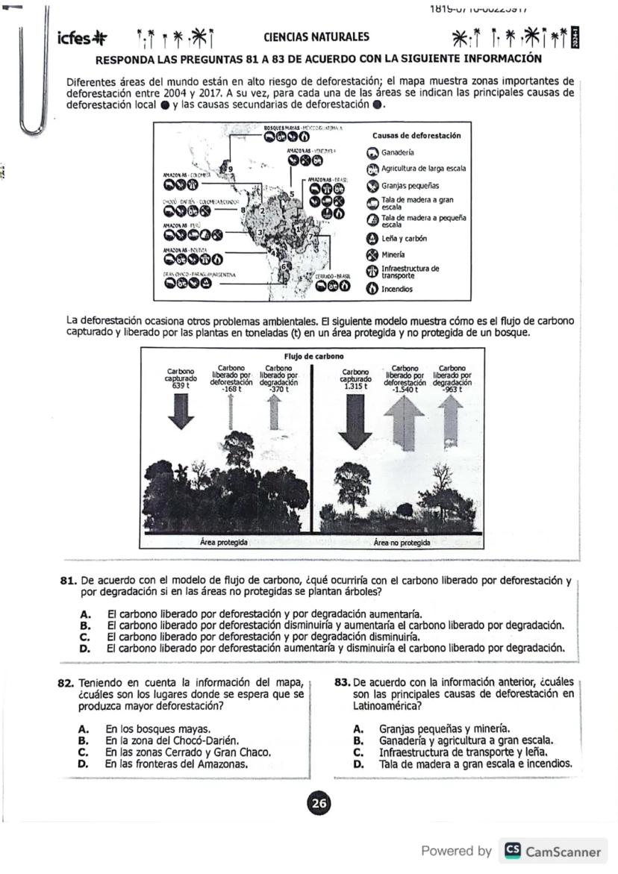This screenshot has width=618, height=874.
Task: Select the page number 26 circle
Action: coord(319,803)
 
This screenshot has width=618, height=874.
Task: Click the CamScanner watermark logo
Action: coord(514,851)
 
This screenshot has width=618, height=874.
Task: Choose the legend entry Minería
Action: coord(393,255)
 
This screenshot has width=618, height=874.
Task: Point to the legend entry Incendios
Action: coord(396,289)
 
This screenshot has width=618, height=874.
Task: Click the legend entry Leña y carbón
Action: coord(404,238)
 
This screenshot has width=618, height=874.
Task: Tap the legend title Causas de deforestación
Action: coord(416,135)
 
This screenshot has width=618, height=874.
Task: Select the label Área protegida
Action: coord(224,543)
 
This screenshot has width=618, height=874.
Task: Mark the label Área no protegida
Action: coord(402,543)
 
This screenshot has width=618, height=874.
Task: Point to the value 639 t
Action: coord(181,386)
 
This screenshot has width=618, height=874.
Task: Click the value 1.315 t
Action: coord(355,386)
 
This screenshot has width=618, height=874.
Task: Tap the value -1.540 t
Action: coord(405,389)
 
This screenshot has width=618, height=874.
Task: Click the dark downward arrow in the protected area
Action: coord(181,413)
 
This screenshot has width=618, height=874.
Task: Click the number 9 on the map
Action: coord(231,169)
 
